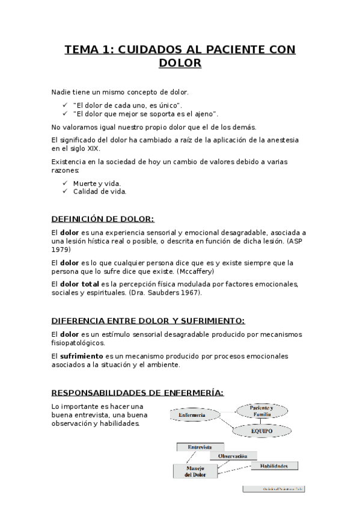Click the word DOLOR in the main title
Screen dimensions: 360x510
(180, 63)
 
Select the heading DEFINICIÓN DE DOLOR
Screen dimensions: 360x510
(103, 219)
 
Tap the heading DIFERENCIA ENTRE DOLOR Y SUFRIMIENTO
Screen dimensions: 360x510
(148, 321)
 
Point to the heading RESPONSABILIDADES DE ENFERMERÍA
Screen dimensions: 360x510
(138, 393)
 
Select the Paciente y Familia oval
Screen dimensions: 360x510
(263, 411)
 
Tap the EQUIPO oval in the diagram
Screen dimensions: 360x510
(262, 431)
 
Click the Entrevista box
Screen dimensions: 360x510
(200, 447)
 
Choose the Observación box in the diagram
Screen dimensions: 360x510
(233, 456)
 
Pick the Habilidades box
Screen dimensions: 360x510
(274, 465)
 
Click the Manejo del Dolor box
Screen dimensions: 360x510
(195, 471)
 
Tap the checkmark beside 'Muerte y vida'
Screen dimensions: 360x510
(66, 183)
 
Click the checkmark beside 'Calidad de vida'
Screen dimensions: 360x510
(66, 191)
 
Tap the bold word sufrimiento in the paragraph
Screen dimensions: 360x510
(82, 355)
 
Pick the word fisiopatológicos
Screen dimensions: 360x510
(78, 343)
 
